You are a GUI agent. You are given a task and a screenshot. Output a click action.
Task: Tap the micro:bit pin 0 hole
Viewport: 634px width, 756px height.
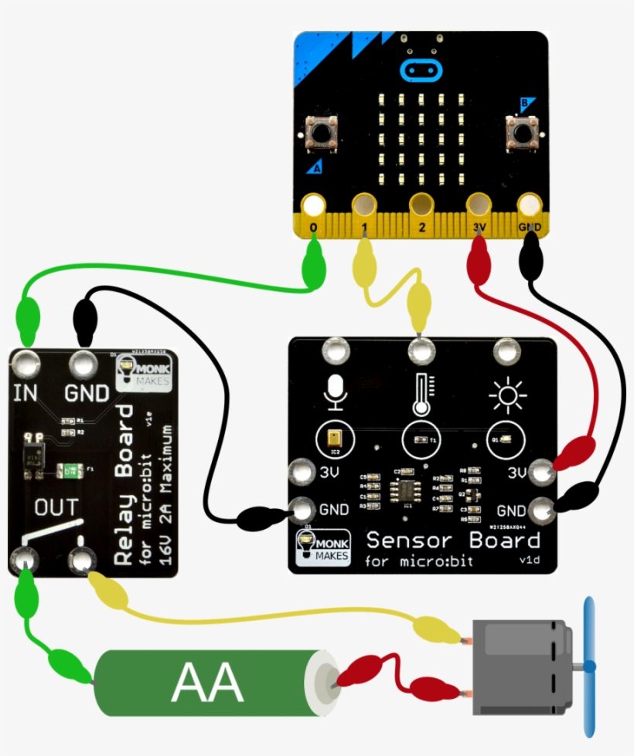pos(314,205)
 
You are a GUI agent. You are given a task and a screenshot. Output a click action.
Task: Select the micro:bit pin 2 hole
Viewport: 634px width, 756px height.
pos(421,205)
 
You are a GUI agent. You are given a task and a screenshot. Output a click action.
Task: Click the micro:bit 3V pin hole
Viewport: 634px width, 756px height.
pos(478,205)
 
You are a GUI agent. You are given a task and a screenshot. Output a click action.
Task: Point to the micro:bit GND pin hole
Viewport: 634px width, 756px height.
pos(530,205)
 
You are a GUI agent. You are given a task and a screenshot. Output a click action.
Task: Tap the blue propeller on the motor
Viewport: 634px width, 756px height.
pos(589,666)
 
